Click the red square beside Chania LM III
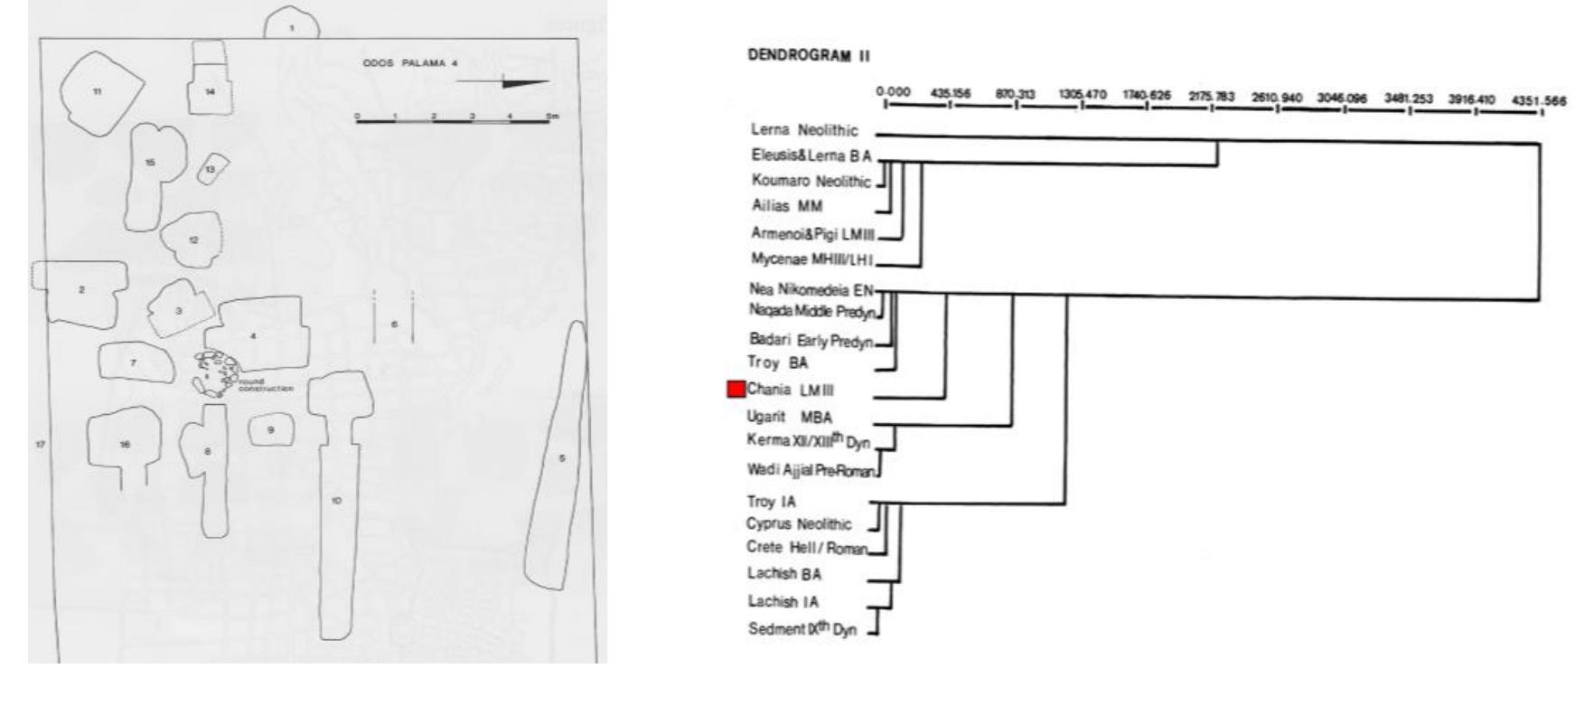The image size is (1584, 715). click(x=736, y=390)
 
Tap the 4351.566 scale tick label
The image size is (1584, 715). click(x=1538, y=101)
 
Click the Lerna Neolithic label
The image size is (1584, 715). click(x=804, y=130)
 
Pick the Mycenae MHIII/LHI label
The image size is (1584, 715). click(x=811, y=259)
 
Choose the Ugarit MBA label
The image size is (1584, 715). click(x=789, y=418)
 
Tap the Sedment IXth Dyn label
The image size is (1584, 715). click(x=801, y=629)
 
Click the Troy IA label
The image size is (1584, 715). click(x=772, y=502)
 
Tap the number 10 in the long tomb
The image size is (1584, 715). click(x=336, y=500)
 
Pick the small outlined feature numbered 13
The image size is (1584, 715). click(x=211, y=169)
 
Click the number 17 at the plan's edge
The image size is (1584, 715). click(x=40, y=444)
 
